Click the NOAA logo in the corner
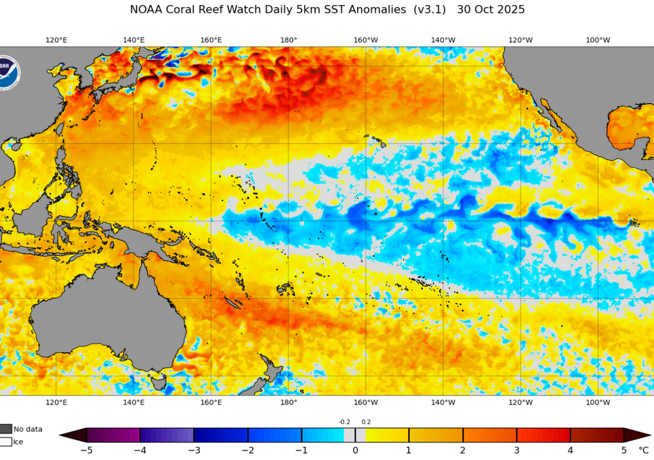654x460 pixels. [x=8, y=72]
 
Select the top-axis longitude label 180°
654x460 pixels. [x=289, y=40]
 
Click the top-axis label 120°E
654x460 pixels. [x=56, y=40]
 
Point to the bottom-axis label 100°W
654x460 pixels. [x=598, y=402]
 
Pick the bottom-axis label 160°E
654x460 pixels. [x=211, y=402]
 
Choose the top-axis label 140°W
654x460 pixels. [x=443, y=40]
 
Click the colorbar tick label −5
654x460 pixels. [x=87, y=450]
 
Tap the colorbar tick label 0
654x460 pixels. [x=356, y=450]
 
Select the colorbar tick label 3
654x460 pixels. [x=517, y=450]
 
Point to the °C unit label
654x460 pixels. [x=643, y=450]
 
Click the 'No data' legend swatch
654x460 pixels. [x=5, y=429]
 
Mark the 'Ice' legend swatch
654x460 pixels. [x=5, y=441]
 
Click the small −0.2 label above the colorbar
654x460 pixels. [x=345, y=422]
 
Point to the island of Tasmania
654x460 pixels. [x=158, y=382]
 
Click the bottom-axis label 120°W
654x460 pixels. [x=521, y=402]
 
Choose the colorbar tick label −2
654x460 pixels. [x=248, y=450]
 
